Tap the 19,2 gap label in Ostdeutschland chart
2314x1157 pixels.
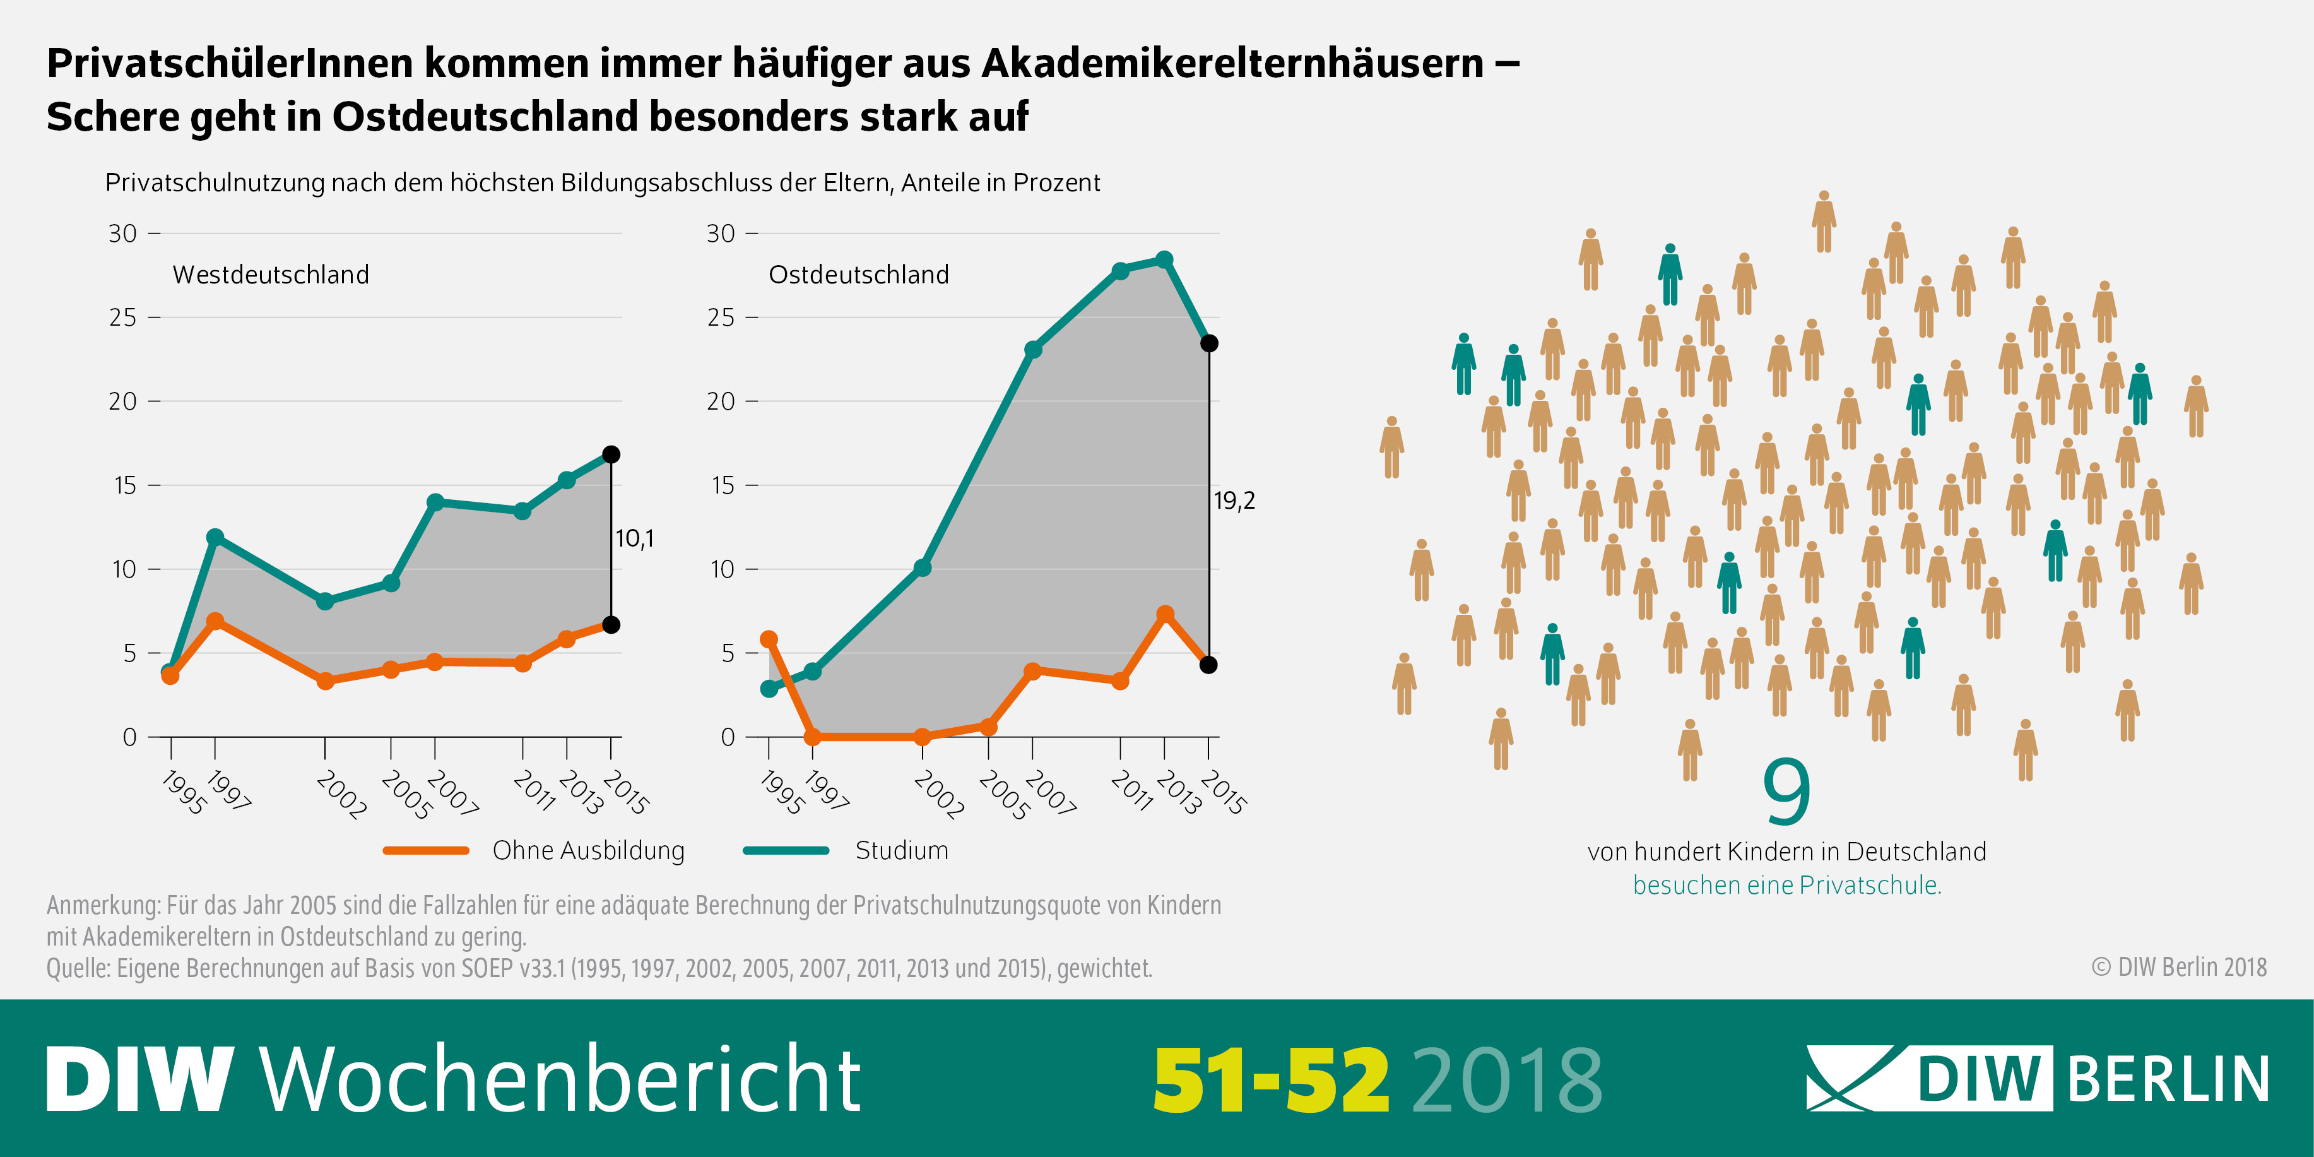[x=1234, y=501]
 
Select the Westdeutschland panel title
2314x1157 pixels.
[x=270, y=274]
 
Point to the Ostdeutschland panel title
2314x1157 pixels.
[x=859, y=274]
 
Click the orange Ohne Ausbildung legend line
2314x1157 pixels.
[x=426, y=850]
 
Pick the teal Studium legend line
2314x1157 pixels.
[x=786, y=850]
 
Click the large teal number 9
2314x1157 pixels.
[x=1786, y=792]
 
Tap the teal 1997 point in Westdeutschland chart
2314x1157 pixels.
[x=215, y=537]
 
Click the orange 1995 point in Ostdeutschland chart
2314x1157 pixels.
[x=769, y=639]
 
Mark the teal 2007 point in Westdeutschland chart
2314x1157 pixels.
[x=435, y=502]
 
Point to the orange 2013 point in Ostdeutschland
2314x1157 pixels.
[x=1165, y=614]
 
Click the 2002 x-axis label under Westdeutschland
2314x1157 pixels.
[x=341, y=794]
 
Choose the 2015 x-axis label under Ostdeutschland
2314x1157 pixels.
[x=1224, y=792]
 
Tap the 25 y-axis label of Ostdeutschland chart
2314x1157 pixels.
[x=721, y=317]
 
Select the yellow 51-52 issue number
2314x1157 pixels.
[x=1271, y=1080]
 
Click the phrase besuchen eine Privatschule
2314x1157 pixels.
[x=1786, y=885]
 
